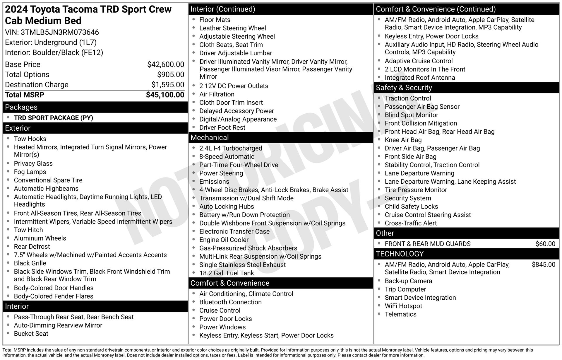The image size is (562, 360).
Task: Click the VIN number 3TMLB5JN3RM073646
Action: point(60,32)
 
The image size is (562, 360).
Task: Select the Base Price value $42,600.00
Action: point(165,64)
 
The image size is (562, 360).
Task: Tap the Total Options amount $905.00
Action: point(170,74)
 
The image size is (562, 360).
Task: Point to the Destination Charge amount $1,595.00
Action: point(167,85)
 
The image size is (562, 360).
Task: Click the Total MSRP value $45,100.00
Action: point(165,95)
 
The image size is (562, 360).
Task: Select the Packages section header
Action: point(21,107)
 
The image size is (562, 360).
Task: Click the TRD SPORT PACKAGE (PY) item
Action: point(53,118)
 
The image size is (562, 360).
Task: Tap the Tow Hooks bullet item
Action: point(30,139)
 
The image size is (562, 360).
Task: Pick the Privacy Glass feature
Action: point(33,163)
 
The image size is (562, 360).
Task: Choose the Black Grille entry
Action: point(30,263)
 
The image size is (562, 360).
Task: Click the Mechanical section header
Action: point(210,138)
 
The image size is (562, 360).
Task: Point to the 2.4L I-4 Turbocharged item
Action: point(231,148)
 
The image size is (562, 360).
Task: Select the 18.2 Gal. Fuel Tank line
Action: point(227,273)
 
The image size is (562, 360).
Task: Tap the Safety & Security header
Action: point(404,88)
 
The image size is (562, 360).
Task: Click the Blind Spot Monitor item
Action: point(411,115)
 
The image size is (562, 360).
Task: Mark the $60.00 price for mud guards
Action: point(545,244)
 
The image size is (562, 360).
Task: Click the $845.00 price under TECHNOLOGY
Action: point(543,265)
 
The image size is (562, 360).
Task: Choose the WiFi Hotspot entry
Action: point(403,306)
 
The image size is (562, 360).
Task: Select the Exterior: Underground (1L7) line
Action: point(51,42)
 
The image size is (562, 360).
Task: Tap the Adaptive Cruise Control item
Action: point(419,61)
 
